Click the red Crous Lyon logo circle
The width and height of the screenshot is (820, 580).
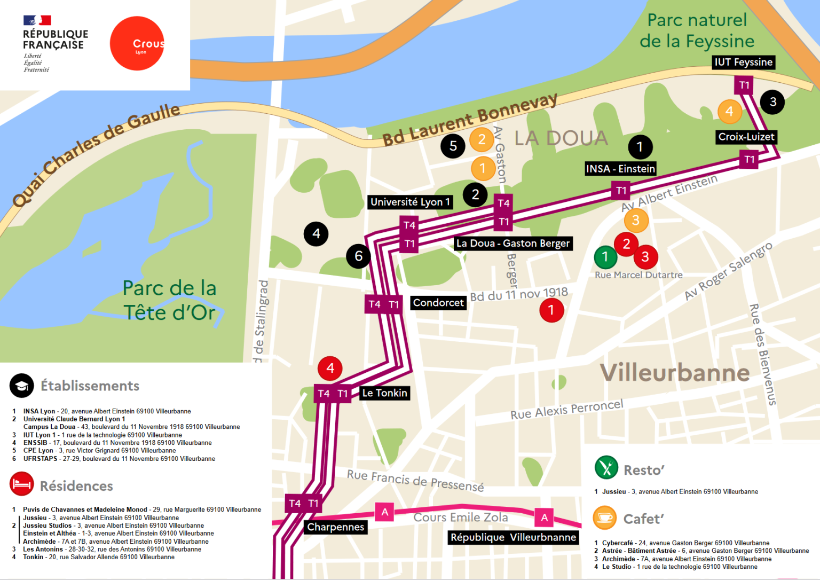point(137,43)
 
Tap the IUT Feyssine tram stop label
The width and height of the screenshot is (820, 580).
point(743,62)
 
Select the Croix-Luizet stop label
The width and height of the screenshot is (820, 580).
point(746,137)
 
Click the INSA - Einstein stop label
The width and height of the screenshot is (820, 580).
point(620,169)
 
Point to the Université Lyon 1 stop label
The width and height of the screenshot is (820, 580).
point(410,202)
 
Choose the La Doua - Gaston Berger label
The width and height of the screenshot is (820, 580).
point(512,244)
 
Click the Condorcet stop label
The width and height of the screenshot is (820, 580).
point(438,303)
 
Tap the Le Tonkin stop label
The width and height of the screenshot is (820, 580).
point(384,393)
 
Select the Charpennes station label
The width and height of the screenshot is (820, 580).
point(335,527)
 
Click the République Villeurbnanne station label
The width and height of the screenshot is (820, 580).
point(513,537)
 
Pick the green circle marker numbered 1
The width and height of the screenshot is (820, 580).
point(605,257)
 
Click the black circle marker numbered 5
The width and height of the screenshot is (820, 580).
point(453,146)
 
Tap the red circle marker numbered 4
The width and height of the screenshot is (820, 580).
point(330,368)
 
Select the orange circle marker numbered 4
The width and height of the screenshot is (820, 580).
point(729,112)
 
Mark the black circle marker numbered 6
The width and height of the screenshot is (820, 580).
point(358,256)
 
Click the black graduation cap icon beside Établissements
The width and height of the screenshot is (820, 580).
point(22,386)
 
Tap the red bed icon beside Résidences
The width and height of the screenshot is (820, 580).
point(21,484)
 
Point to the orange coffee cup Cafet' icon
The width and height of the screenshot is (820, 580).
point(605,518)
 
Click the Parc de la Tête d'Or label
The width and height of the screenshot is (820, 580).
point(170,300)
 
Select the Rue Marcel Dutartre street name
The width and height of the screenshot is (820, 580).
point(638,275)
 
